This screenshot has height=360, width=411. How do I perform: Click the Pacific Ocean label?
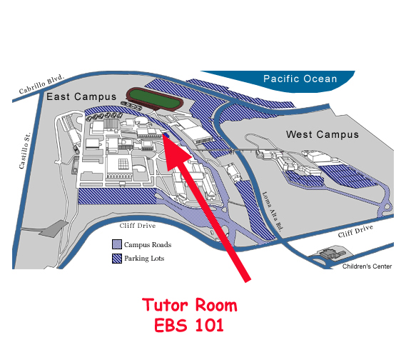[300, 79]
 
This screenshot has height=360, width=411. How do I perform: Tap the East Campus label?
[81, 97]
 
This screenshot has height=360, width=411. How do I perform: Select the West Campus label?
[322, 134]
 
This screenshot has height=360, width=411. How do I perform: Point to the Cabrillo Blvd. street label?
[41, 84]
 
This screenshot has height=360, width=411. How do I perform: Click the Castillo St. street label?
[25, 151]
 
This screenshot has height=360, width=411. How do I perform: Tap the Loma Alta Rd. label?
[273, 211]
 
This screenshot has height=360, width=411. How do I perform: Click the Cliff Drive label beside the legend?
[137, 226]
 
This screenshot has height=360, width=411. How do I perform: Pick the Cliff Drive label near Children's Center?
[355, 231]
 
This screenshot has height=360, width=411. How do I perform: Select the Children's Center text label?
[367, 266]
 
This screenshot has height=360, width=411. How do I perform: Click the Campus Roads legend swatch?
[117, 244]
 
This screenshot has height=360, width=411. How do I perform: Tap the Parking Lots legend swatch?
[117, 259]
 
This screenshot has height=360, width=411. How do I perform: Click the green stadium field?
[154, 99]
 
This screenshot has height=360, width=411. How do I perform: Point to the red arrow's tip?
[163, 136]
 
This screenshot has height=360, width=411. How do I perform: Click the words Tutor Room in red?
[190, 305]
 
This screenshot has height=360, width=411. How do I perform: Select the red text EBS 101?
[188, 325]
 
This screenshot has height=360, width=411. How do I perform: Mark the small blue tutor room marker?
[166, 135]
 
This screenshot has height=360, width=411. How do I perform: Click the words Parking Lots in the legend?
[144, 259]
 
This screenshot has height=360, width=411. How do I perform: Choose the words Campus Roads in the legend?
[148, 244]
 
